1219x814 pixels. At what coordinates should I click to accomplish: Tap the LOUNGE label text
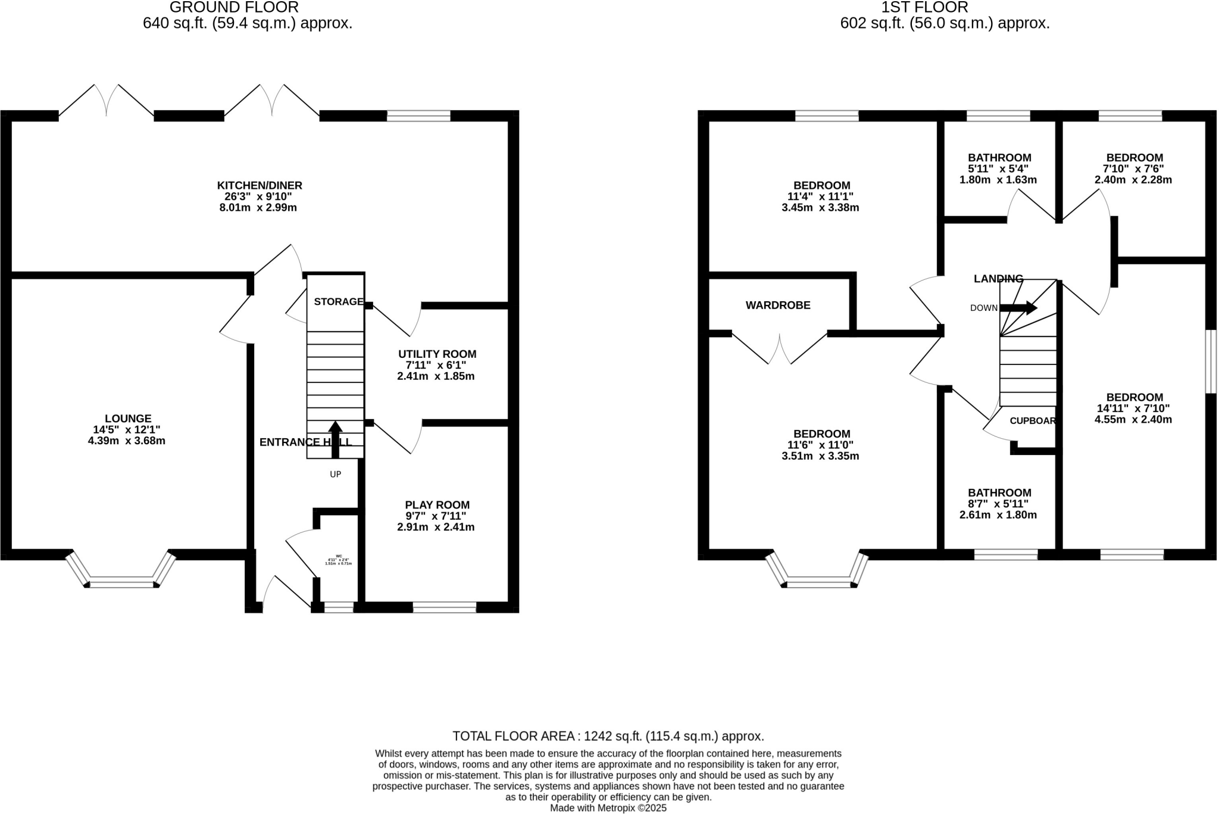tap(127, 419)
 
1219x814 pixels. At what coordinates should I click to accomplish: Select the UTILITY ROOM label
tap(437, 354)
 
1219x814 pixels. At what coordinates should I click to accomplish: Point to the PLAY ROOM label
tap(437, 505)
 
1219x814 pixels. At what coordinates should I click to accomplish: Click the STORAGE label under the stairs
tap(338, 302)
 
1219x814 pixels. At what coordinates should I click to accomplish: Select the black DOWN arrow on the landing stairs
tap(1019, 308)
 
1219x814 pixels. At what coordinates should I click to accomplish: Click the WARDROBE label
tap(777, 305)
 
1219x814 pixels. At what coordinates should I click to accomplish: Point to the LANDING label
tap(998, 279)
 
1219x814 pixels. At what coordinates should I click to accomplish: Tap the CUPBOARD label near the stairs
tap(1032, 421)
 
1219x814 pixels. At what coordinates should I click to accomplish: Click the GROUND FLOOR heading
tap(234, 8)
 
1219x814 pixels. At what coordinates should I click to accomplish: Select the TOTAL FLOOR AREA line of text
tap(608, 736)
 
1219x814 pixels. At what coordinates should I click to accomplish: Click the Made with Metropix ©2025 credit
tap(608, 808)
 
